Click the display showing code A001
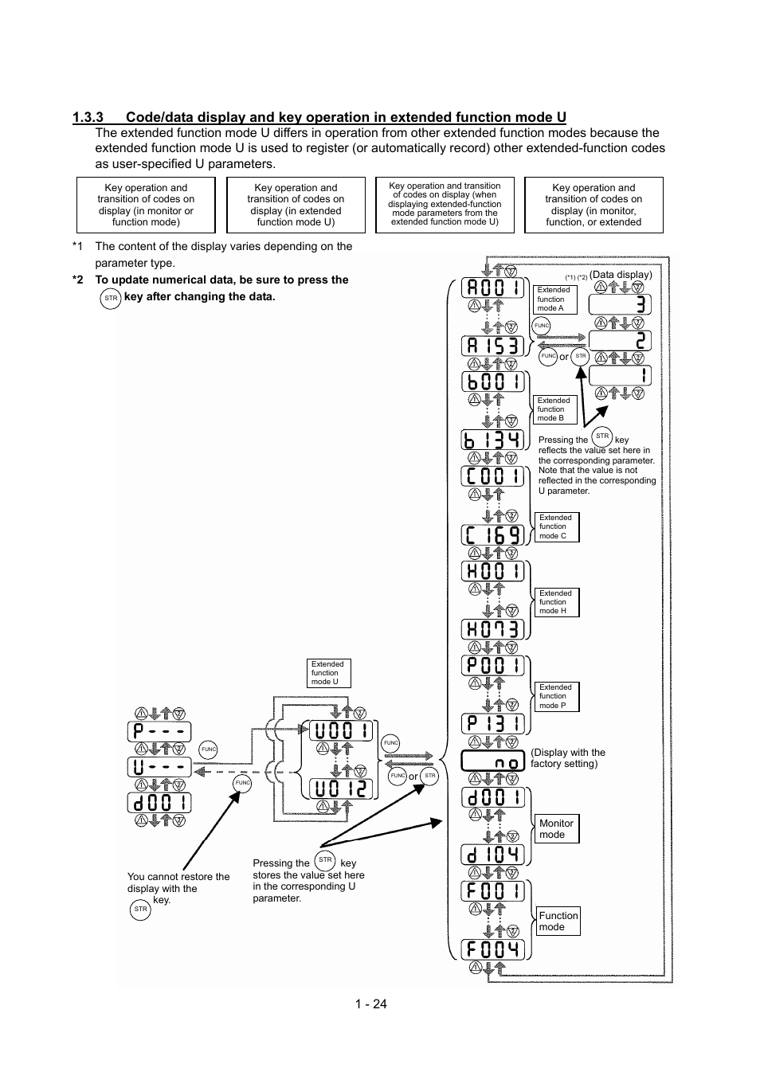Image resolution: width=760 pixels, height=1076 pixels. coord(492,288)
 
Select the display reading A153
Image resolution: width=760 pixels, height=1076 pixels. coord(492,346)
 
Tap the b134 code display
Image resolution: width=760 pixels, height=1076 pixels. coord(492,440)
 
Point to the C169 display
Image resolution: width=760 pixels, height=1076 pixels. coord(492,534)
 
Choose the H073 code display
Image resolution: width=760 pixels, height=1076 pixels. coord(492,628)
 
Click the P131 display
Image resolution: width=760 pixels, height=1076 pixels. coord(492,723)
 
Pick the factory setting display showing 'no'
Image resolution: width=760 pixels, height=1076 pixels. coord(492,761)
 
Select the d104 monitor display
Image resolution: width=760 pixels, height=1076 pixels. coord(492,855)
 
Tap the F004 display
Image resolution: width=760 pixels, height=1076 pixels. coord(492,949)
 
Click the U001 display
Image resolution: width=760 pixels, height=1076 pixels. coord(341,730)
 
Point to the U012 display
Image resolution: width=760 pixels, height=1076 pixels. coord(341,788)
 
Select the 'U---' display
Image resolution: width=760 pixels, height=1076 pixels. coord(159,767)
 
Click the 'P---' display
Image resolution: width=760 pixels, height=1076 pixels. coord(159,732)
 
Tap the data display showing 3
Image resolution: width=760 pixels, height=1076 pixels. coord(620,304)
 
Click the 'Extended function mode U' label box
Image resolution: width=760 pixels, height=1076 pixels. coord(328,673)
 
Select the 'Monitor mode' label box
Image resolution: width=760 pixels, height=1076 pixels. coord(557,828)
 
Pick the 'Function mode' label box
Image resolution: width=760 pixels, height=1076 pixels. coord(558,921)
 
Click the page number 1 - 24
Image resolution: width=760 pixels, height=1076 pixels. coord(371,1004)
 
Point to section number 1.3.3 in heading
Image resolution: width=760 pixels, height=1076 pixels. coord(88,117)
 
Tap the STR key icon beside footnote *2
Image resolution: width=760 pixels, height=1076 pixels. coord(111,299)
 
